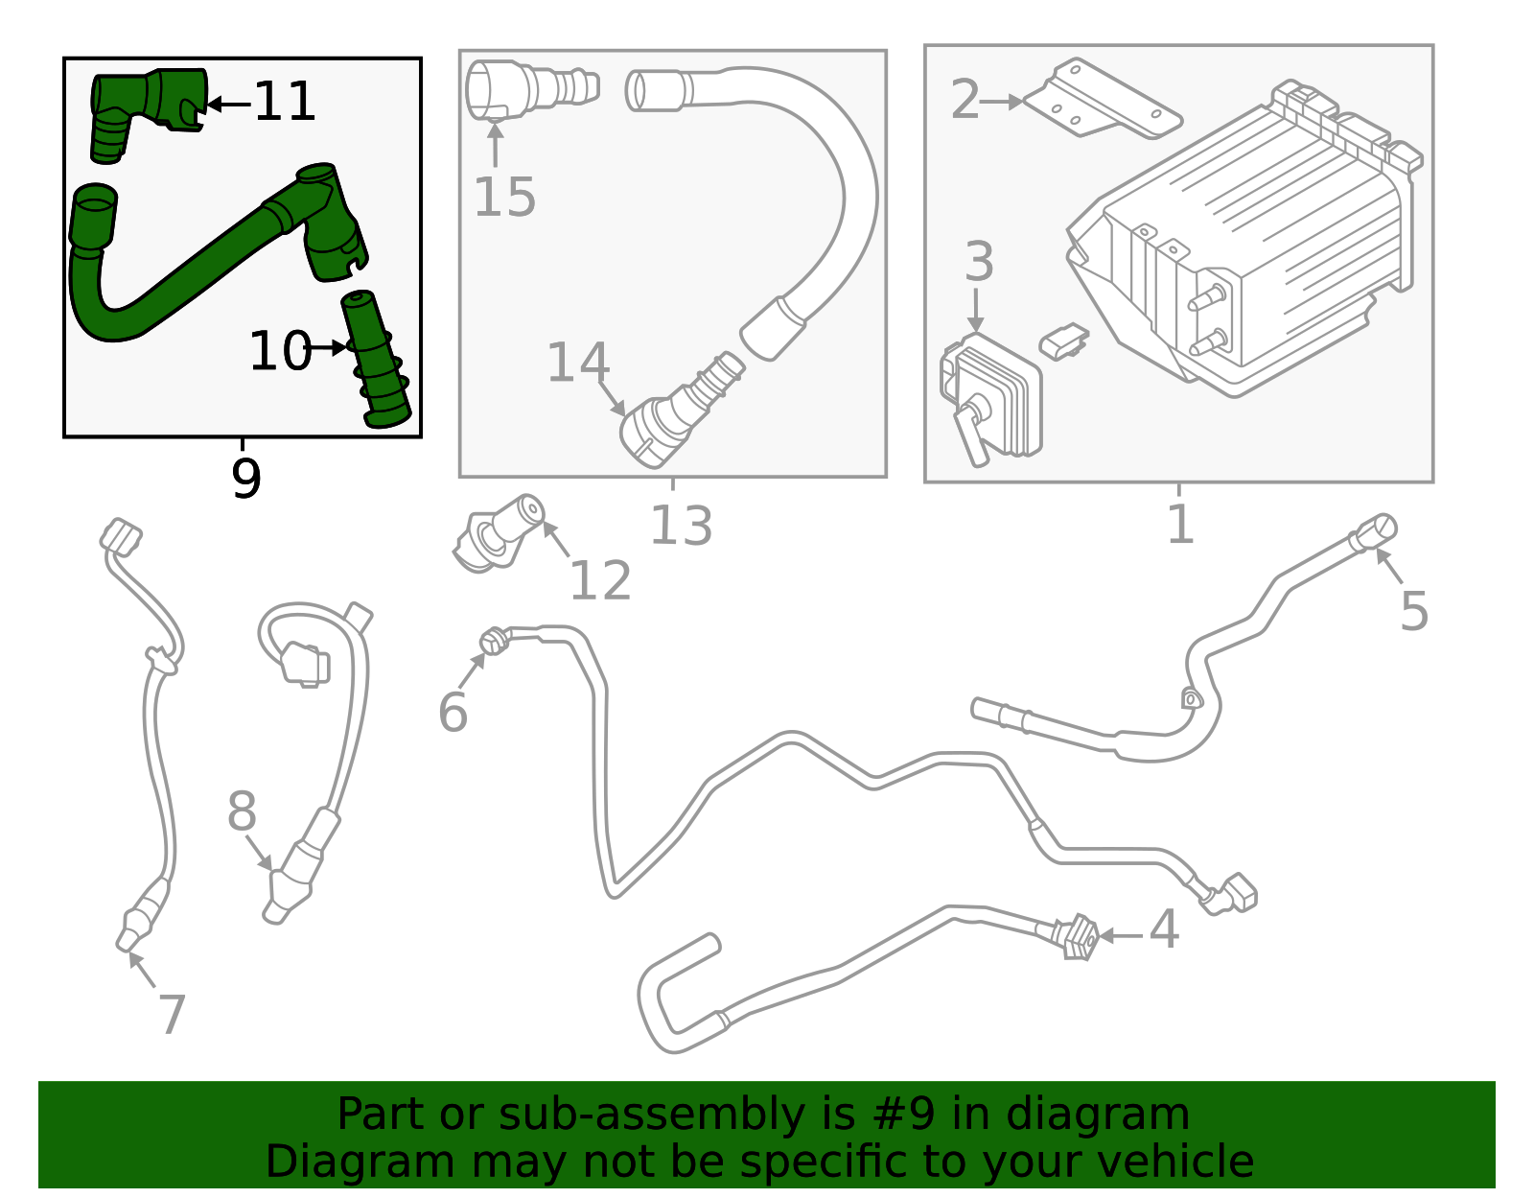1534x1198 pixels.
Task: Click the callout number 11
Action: point(285,102)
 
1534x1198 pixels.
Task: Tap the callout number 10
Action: point(279,351)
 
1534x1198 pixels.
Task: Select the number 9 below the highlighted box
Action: point(246,479)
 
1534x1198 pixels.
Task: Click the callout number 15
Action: point(504,198)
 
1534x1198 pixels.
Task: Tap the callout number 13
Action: point(681,526)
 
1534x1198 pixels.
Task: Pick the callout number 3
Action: point(979,261)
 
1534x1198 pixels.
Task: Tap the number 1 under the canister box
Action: point(1180,525)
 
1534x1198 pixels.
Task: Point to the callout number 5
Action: point(1414,610)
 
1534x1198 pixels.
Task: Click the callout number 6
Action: point(453,712)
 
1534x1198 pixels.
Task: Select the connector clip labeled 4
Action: point(1078,936)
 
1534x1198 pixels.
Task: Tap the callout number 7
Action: point(172,1014)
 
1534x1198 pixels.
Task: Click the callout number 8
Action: point(242,811)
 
